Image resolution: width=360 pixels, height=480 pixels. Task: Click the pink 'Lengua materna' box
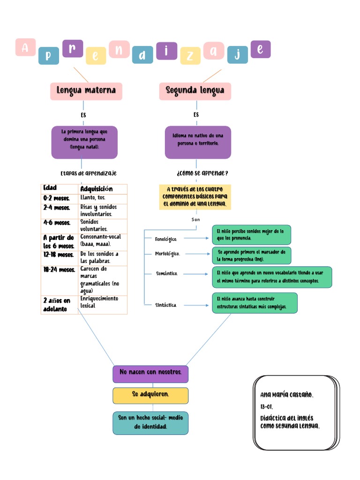pyautogui.click(x=86, y=91)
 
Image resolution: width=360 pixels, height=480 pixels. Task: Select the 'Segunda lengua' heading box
pyautogui.click(x=195, y=91)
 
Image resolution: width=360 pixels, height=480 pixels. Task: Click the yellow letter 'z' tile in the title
pyautogui.click(x=190, y=56)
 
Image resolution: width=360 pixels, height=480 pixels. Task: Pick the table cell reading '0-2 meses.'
pyautogui.click(x=59, y=198)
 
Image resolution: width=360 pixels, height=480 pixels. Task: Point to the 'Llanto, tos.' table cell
pyautogui.click(x=102, y=198)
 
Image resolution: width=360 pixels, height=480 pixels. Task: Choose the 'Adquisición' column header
pyautogui.click(x=102, y=188)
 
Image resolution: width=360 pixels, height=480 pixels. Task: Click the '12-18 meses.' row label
pyautogui.click(x=59, y=255)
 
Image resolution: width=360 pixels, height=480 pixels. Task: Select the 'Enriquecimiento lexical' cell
pyautogui.click(x=102, y=302)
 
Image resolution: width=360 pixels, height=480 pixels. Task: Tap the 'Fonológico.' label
pyautogui.click(x=166, y=239)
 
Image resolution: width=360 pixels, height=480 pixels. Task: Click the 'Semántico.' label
pyautogui.click(x=167, y=273)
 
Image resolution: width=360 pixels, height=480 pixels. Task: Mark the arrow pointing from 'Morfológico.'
pyautogui.click(x=196, y=254)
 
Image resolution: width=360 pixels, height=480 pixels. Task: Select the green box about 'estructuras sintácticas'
pyautogui.click(x=255, y=303)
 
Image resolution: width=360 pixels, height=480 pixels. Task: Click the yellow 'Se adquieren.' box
pyautogui.click(x=150, y=395)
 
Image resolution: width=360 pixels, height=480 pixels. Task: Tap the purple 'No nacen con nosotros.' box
pyautogui.click(x=150, y=374)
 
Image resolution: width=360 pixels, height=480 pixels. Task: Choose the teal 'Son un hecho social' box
pyautogui.click(x=150, y=422)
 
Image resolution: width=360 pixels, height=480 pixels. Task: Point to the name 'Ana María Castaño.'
pyautogui.click(x=287, y=395)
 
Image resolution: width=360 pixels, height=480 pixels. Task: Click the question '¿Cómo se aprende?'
pyautogui.click(x=202, y=173)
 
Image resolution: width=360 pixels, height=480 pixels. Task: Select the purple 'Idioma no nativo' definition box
pyautogui.click(x=198, y=142)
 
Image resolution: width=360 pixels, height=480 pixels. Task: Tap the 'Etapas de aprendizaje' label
pyautogui.click(x=89, y=173)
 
